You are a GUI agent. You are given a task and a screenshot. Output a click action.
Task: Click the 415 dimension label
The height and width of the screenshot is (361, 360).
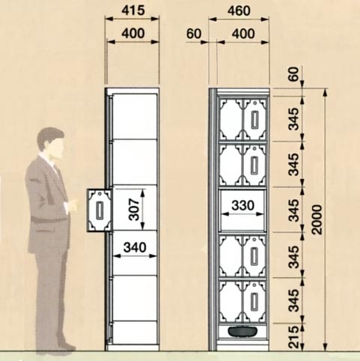coord(133,10)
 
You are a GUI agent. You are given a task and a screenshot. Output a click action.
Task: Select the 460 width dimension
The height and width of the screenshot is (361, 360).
coord(239,11)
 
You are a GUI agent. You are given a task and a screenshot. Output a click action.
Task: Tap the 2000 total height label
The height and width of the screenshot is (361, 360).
coord(317,219)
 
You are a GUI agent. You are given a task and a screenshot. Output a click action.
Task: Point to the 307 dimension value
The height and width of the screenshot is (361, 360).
coord(134,210)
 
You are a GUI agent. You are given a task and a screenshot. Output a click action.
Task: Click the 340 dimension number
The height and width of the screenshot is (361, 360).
coord(135,247)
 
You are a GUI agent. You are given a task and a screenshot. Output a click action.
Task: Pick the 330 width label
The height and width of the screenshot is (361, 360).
coord(242,205)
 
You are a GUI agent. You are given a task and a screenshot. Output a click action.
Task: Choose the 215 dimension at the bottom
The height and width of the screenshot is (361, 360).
coord(293,337)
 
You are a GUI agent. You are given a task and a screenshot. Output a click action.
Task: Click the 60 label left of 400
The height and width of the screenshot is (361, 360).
coord(194,34)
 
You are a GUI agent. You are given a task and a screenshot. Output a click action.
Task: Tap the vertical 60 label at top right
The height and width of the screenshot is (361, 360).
coord(293,74)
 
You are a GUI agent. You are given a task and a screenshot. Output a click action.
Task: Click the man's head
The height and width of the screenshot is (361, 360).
coord(51,143)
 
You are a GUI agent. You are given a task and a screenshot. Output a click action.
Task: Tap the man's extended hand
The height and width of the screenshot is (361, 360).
coord(72,205)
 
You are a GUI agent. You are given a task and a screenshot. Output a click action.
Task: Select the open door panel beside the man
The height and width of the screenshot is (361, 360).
coord(100,210)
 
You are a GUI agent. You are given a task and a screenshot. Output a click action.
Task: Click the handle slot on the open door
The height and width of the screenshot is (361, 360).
coord(100,210)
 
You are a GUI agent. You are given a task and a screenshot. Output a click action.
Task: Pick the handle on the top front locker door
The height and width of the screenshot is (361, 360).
coord(254,120)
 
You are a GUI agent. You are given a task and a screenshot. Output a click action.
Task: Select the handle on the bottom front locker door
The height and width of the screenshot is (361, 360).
coord(254,302)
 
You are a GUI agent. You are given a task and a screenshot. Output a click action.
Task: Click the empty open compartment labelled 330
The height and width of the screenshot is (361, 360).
coord(242,210)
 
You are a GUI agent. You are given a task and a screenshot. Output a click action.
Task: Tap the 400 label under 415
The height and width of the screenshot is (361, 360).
coord(133,34)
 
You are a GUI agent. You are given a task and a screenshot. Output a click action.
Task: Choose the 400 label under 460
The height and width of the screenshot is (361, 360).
coord(243,34)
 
